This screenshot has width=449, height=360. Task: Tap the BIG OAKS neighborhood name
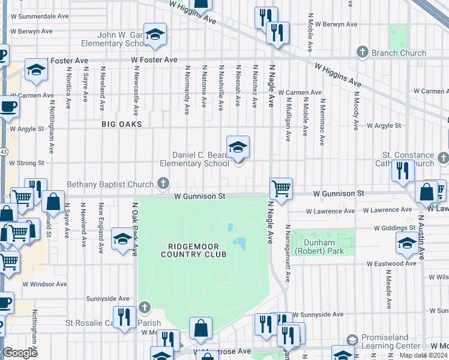coord(121,124)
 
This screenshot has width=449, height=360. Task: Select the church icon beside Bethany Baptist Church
coord(162,183)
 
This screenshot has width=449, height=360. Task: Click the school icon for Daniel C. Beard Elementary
coord(238,147)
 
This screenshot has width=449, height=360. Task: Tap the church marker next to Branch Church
coord(362,53)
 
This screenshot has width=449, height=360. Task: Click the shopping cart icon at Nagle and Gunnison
coord(281,188)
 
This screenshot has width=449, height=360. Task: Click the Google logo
coord(20,353)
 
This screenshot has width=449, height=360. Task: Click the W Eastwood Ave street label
coord(393,263)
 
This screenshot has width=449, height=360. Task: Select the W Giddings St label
coord(394,228)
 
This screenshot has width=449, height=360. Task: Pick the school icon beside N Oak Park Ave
coord(122,239)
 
